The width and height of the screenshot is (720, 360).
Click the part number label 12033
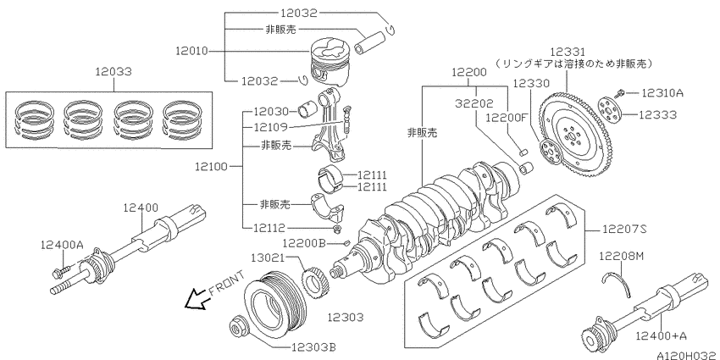pos(114,72)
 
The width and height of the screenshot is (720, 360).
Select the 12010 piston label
pos(191,51)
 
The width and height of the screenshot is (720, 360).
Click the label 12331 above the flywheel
pos(568,51)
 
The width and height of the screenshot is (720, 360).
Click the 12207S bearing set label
pos(623,229)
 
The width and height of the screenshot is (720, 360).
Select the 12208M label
pos(621,256)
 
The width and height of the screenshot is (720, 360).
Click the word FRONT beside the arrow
pos(226,284)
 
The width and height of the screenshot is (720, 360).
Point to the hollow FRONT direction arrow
pos(195,299)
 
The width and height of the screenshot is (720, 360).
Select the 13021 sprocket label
pos(269,258)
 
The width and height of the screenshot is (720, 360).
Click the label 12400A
pos(62,245)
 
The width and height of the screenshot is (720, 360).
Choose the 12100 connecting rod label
pos(211,166)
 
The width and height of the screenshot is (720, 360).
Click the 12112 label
pos(269,228)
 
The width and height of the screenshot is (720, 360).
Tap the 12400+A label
pos(662,336)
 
